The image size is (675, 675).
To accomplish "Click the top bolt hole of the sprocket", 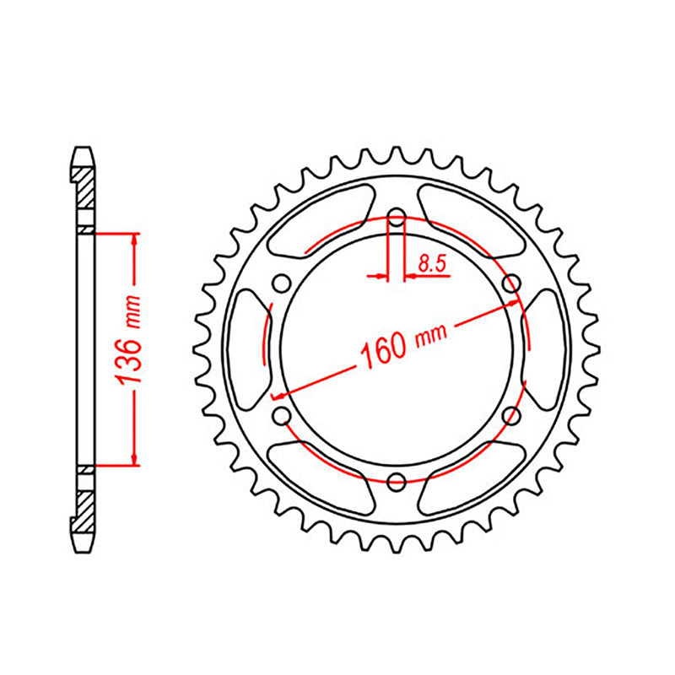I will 396,221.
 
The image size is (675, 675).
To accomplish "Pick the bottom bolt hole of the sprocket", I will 396,481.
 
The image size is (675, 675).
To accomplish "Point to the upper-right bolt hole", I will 510,285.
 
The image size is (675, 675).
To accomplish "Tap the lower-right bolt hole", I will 510,416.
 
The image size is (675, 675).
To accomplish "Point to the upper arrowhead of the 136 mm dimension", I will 133,240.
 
